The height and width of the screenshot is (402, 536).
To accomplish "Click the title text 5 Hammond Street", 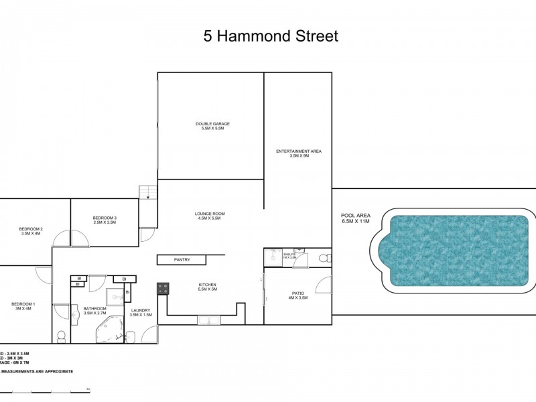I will (271, 36).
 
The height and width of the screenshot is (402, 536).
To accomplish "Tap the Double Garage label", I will (212, 126).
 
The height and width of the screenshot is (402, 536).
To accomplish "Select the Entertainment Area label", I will (299, 153).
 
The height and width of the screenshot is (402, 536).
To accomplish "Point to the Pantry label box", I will (182, 259).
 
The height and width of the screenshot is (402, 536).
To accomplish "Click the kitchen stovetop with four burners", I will (163, 289).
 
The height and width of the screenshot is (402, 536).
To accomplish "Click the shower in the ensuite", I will (273, 257).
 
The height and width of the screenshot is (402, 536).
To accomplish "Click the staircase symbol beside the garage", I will (147, 193).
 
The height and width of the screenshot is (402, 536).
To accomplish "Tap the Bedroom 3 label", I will (105, 220).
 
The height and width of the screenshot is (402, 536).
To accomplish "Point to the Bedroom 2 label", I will (31, 231).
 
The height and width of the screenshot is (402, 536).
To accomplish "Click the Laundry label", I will (141, 312).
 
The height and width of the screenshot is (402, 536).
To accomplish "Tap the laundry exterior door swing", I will (149, 334).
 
